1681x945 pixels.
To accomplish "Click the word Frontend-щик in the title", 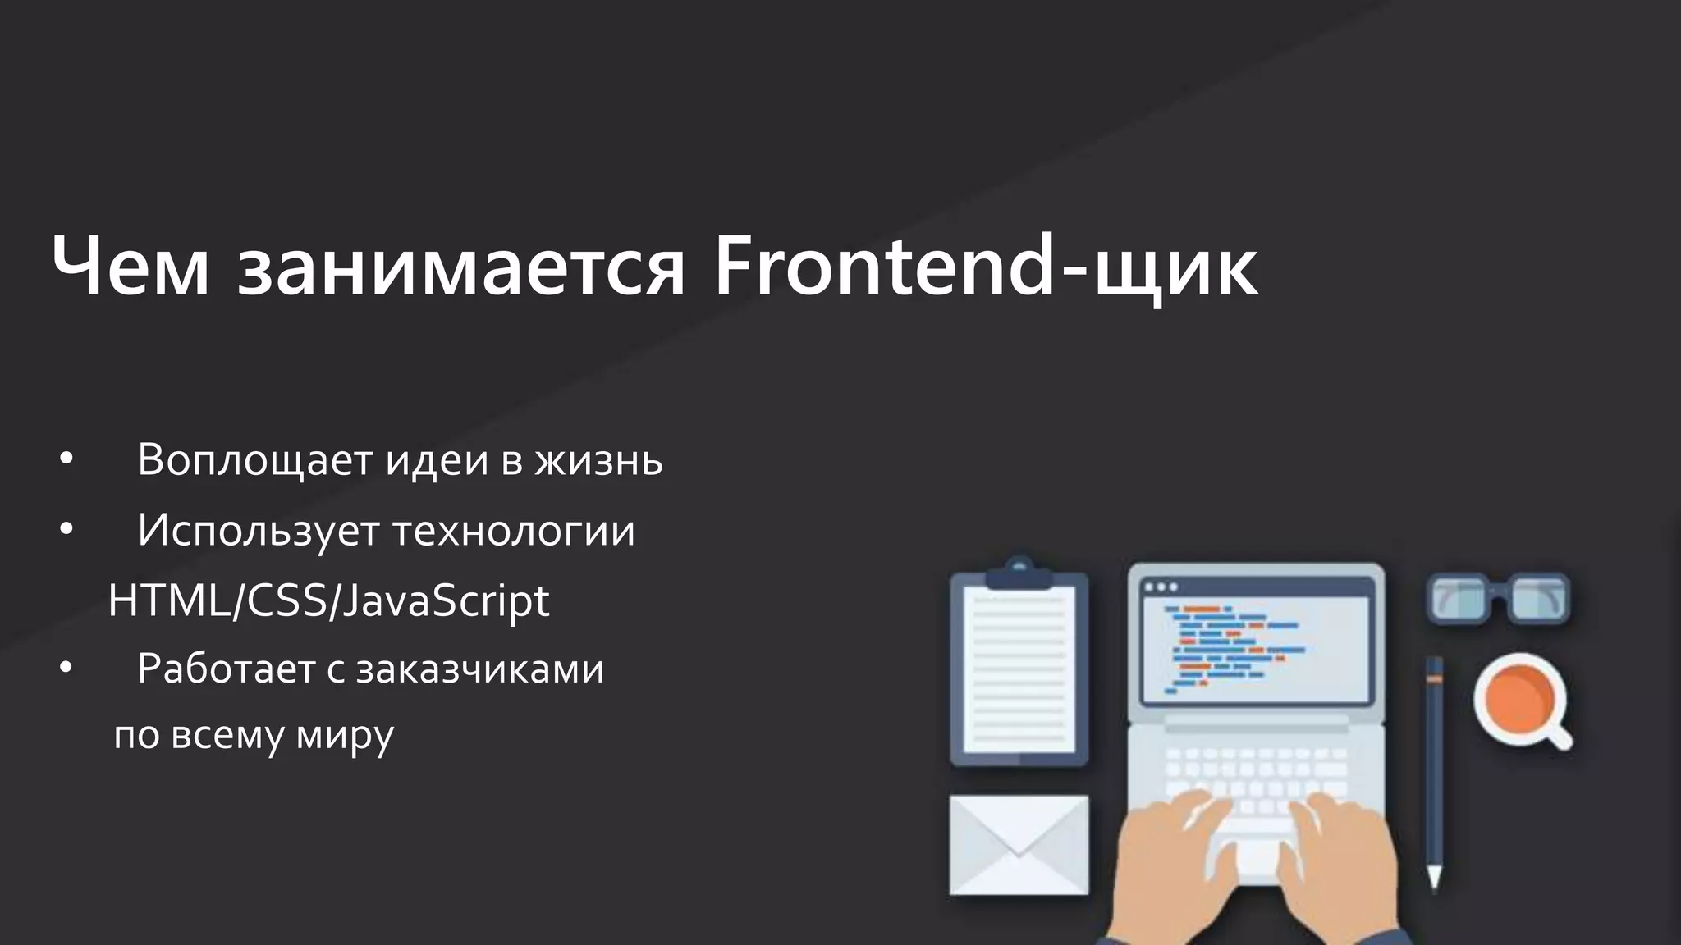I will click(985, 267).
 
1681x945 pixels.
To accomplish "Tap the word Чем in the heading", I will click(131, 267).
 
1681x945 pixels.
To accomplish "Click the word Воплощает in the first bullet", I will click(255, 460).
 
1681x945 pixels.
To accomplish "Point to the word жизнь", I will click(598, 460).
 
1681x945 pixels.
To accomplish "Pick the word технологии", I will click(514, 531).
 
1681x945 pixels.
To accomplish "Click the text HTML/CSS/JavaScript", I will click(328, 601).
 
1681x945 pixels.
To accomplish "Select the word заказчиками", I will click(480, 669).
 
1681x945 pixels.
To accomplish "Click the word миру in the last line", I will click(345, 736).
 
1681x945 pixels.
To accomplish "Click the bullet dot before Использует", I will click(66, 531).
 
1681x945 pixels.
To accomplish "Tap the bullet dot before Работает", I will click(66, 669).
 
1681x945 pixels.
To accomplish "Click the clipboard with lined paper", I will click(1019, 673).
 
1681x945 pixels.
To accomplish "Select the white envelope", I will click(1019, 845).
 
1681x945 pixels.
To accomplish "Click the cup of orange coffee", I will click(1518, 699).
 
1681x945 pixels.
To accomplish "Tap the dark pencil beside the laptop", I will click(1434, 771).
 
